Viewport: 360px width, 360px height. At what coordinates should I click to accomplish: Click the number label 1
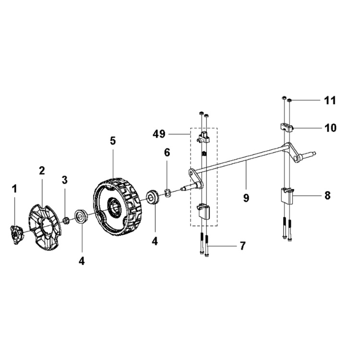pos(14,189)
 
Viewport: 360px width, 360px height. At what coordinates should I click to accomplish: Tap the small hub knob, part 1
pos(18,234)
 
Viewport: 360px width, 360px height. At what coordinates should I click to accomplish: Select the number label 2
pos(42,170)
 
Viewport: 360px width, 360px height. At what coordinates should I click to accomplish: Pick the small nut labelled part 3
pos(66,220)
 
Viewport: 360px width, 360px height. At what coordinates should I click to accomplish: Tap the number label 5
pos(113,141)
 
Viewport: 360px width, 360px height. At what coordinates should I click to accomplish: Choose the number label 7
pos(242,246)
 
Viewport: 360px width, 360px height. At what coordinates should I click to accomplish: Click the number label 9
pos(246,197)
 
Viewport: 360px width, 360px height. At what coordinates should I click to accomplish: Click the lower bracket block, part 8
pos(287,196)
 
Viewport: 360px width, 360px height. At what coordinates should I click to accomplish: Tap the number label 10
pos(330,128)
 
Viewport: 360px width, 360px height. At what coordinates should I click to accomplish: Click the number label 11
pos(330,101)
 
